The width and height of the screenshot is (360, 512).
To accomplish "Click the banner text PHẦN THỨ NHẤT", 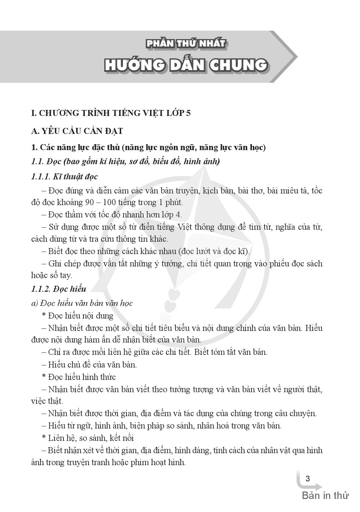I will pyautogui.click(x=185, y=44).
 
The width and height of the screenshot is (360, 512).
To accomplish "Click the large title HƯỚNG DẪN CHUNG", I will pyautogui.click(x=186, y=65).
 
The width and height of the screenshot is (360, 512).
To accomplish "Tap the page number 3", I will pyautogui.click(x=308, y=479).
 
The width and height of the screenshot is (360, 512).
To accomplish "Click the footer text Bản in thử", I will pyautogui.click(x=325, y=495).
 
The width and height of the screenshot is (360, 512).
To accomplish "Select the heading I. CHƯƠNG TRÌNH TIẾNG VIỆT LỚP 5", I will pyautogui.click(x=111, y=113).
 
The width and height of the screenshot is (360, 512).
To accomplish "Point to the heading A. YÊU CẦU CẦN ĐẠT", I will pyautogui.click(x=77, y=131).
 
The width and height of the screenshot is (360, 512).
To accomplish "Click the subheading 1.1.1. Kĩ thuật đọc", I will pyautogui.click(x=64, y=177).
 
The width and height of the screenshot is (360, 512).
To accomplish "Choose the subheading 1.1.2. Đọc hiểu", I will pyautogui.click(x=58, y=289).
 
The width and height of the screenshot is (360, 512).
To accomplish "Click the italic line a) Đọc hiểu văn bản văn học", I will pyautogui.click(x=82, y=303).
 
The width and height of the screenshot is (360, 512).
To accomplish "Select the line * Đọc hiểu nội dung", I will pyautogui.click(x=77, y=315).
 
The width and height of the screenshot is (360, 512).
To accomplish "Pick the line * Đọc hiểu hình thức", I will pyautogui.click(x=79, y=377).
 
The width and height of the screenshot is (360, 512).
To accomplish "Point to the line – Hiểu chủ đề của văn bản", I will pyautogui.click(x=89, y=364).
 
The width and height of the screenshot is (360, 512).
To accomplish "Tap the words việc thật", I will pyautogui.click(x=47, y=401).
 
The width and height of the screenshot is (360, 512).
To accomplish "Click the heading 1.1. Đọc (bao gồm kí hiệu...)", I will pyautogui.click(x=125, y=162).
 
